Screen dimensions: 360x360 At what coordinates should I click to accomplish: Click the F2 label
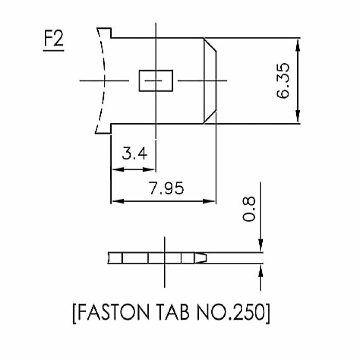pyautogui.click(x=53, y=40)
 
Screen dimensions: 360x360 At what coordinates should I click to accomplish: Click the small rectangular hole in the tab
pyautogui.click(x=156, y=81)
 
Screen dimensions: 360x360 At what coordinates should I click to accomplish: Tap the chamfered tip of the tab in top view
pyautogui.click(x=211, y=81)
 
